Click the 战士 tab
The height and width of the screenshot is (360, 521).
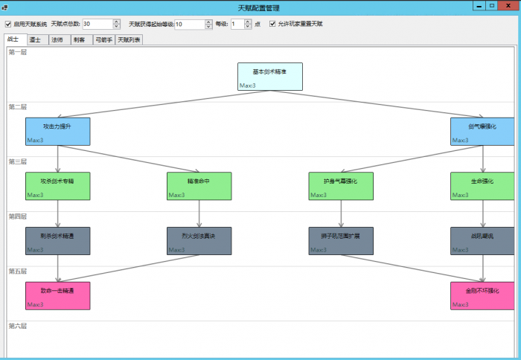pyautogui.click(x=13, y=39)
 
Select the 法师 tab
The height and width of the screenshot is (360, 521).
pyautogui.click(x=57, y=39)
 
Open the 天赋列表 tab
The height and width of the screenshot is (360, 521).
pyautogui.click(x=129, y=39)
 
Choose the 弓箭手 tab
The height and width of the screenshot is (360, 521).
pyautogui.click(x=103, y=39)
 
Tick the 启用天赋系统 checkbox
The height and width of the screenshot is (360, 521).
pyautogui.click(x=8, y=24)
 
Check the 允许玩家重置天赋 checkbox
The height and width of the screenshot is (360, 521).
pyautogui.click(x=272, y=24)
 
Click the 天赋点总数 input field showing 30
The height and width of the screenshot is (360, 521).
pyautogui.click(x=97, y=24)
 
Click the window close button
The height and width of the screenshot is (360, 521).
pyautogui.click(x=508, y=5)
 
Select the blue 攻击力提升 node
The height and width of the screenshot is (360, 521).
pyautogui.click(x=57, y=131)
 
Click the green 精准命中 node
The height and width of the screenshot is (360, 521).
pyautogui.click(x=199, y=186)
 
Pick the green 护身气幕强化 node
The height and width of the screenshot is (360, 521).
pyautogui.click(x=341, y=186)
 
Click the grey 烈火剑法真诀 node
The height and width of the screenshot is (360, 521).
pyautogui.click(x=199, y=241)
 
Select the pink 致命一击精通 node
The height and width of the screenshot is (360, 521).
pyautogui.click(x=57, y=295)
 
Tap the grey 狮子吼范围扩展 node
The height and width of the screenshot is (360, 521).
pyautogui.click(x=341, y=241)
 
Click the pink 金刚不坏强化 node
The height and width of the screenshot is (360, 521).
pyautogui.click(x=482, y=295)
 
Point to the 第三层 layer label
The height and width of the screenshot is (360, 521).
pyautogui.click(x=17, y=161)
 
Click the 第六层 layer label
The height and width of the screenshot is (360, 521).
pyautogui.click(x=17, y=326)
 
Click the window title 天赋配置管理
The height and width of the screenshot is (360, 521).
pyautogui.click(x=260, y=7)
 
